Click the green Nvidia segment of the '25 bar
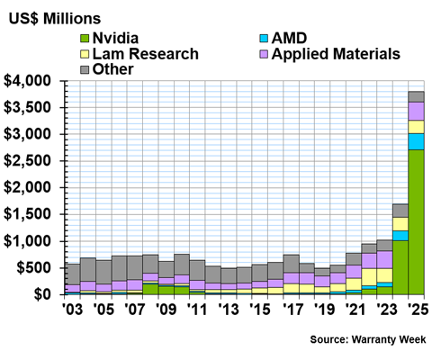[416, 222]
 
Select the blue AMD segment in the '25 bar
[416, 141]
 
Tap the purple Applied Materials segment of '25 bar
[416, 112]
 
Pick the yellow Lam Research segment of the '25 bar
[416, 127]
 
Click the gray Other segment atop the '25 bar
[416, 97]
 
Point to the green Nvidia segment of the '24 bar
[400, 267]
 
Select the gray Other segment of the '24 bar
[400, 211]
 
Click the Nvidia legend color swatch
[85, 39]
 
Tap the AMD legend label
[289, 38]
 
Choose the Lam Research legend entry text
[146, 54]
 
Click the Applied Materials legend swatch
[264, 54]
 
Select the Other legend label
[112, 69]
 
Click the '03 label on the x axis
[72, 309]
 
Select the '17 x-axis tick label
[292, 309]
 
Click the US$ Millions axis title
[55, 19]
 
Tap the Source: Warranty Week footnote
[368, 339]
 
